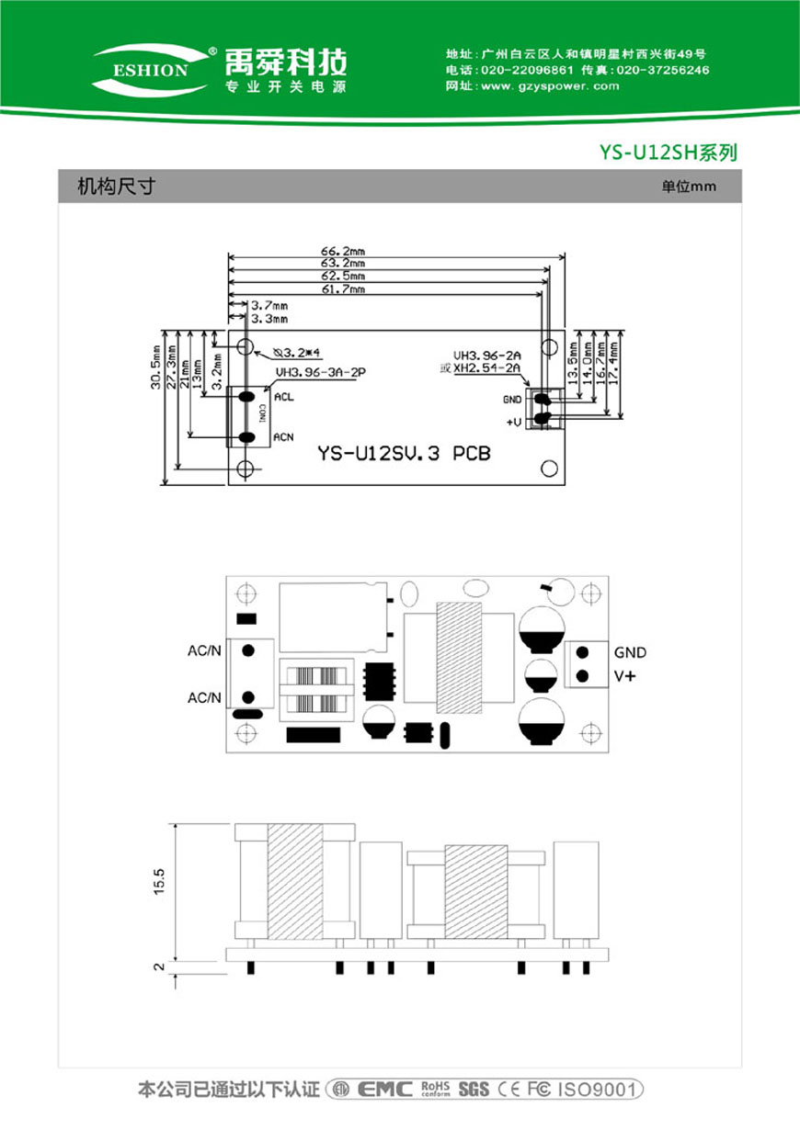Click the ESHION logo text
[151, 70]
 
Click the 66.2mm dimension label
[343, 251]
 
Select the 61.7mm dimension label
[343, 289]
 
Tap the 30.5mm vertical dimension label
[156, 367]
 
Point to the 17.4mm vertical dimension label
[613, 363]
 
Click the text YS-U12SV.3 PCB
[404, 453]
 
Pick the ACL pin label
[283, 397]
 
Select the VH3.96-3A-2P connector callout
[320, 372]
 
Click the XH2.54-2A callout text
[486, 368]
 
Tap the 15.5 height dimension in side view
[159, 881]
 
